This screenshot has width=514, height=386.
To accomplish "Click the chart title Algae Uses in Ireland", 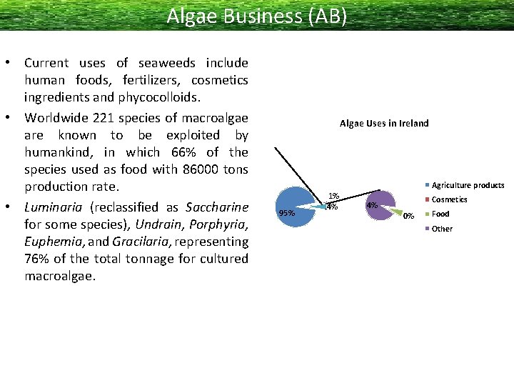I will [x=384, y=123].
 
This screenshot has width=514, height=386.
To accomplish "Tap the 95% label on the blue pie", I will [x=286, y=212].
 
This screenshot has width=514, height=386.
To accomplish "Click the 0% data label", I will [x=408, y=216].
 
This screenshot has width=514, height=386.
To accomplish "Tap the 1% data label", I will [x=333, y=196].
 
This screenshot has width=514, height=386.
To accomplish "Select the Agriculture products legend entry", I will [x=468, y=185].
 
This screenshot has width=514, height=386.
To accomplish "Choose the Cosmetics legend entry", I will [x=449, y=199].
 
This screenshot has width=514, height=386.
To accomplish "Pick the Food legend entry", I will [x=440, y=214].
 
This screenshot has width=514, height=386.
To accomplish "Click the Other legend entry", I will [x=442, y=229].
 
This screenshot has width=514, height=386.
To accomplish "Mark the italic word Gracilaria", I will [x=138, y=242].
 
